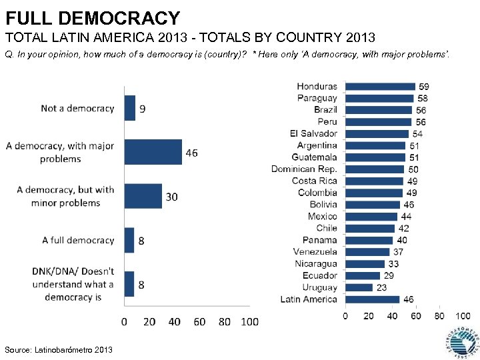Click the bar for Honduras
[380, 86]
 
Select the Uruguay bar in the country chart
[359, 287]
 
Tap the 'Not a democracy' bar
[130, 108]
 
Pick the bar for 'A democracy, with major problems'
[153, 152]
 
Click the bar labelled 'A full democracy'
[129, 240]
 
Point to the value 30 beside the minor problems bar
[171, 197]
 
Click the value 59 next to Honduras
[423, 86]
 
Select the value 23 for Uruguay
[381, 287]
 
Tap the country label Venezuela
[315, 252]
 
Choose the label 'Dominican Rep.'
[304, 169]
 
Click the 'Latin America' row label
[309, 299]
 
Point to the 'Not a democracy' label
[77, 108]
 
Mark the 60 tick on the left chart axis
[199, 322]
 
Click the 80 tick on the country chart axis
[439, 315]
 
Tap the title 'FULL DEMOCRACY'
[93, 18]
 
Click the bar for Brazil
[379, 110]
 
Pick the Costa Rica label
[314, 181]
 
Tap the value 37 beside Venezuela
[398, 252]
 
